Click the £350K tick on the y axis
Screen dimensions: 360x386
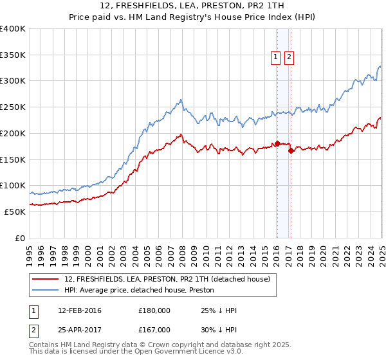coord(13,55)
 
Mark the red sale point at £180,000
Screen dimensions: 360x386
coord(277,143)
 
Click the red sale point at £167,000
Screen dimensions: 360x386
coord(291,150)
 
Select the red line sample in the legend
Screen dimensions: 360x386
coord(46,279)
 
